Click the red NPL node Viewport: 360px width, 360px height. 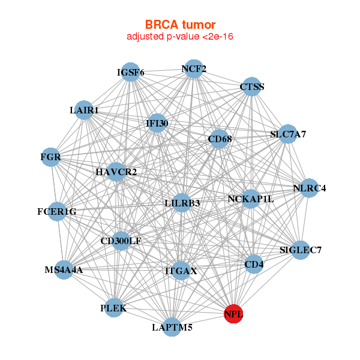233,314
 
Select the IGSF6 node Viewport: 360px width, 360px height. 130,73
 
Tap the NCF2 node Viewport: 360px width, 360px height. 193,69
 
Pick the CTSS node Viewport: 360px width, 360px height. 251,87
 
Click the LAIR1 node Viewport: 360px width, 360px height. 85,110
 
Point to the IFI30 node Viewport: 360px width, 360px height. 157,124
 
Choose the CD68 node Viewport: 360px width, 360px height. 219,140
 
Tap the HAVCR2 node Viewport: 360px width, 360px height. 116,172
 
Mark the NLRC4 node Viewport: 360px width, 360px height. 309,188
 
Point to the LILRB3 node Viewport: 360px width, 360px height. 182,203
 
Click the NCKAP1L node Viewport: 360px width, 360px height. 250,199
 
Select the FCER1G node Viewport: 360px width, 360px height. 57,211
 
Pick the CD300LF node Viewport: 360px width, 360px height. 121,241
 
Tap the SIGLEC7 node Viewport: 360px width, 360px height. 300,250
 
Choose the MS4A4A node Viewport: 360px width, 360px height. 64,270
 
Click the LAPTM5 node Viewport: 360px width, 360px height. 172,327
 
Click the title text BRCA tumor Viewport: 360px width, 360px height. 180,25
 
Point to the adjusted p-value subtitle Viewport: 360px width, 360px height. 180,37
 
